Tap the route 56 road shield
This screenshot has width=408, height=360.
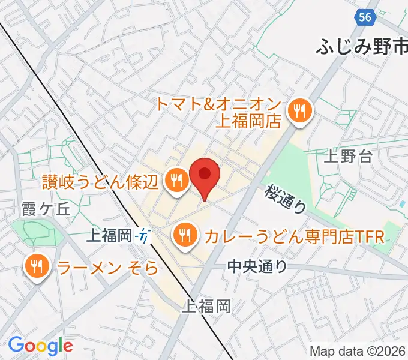pos(365,17)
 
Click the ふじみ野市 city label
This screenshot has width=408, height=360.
pos(362,46)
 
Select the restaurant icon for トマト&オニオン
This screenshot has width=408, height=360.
pos(298,110)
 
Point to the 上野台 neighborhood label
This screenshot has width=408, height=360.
pos(348,157)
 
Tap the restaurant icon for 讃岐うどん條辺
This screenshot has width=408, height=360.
pos(176,178)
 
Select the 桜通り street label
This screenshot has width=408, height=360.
pos(287,199)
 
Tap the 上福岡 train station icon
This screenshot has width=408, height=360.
pos(143,236)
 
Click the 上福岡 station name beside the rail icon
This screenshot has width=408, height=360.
pos(109,236)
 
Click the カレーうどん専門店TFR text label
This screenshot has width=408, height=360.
pos(293,236)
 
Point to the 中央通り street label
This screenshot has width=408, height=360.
pos(258,266)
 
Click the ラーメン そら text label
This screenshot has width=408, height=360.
pos(108,267)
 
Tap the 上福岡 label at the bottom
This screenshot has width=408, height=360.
pos(206,307)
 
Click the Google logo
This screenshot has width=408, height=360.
pos(40,346)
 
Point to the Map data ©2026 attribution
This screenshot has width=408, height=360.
pos(358,352)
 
